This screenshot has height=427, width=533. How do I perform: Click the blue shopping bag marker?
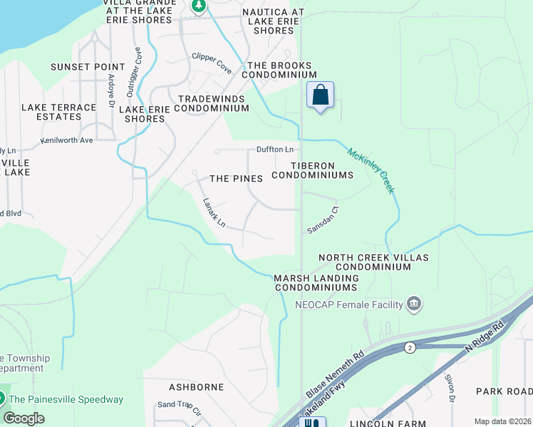click(321, 95)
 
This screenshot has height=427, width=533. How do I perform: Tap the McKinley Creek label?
click(371, 170)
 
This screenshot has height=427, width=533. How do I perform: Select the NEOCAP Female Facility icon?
click(414, 305)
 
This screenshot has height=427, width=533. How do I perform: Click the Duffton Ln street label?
click(275, 149)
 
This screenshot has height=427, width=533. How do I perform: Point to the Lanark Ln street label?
click(214, 213)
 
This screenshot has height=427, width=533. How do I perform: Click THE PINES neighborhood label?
click(236, 179)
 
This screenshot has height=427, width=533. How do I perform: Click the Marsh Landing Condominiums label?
click(315, 283)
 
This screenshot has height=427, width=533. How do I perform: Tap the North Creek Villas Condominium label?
click(365, 262)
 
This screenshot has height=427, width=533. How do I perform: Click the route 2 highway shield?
click(410, 347)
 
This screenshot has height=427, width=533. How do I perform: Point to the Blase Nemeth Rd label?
click(335, 374)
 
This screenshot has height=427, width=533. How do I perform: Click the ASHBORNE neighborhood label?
click(197, 387)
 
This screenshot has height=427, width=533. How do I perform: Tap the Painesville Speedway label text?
click(66, 399)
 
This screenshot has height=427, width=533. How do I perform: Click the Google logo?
click(24, 418)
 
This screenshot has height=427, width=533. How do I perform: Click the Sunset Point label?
click(78, 67)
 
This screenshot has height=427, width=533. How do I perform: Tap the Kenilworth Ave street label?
click(67, 140)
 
